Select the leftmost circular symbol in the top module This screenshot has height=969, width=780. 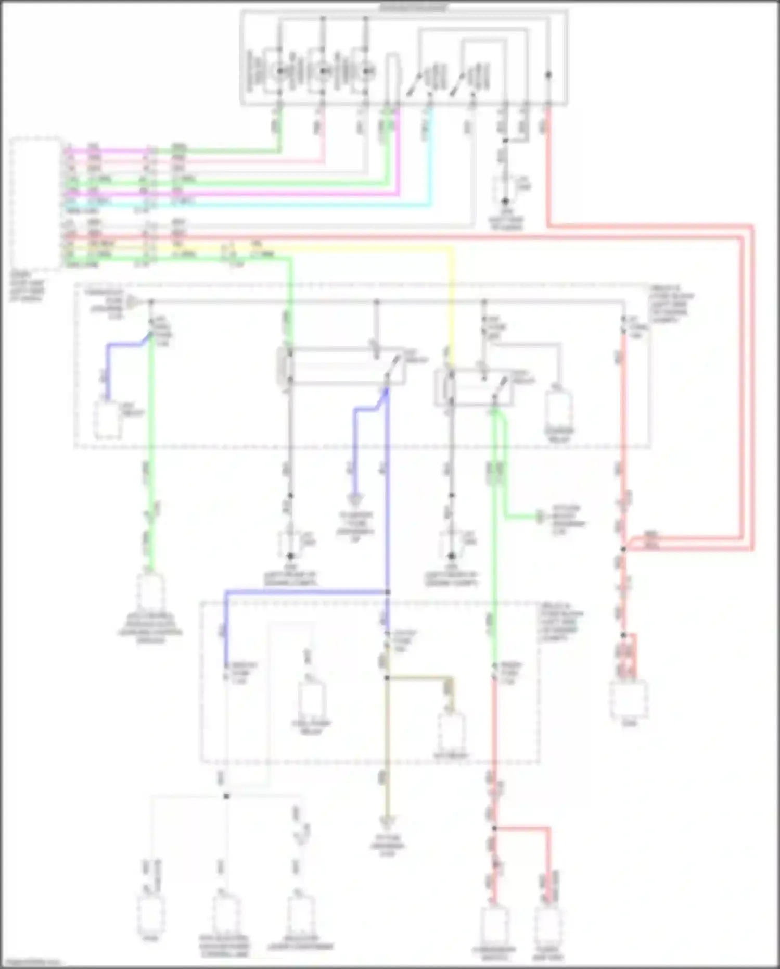pos(279,71)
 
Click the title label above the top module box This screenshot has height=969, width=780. pos(413,7)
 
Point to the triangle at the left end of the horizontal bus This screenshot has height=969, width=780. pos(134,302)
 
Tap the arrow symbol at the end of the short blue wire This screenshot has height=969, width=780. pos(355,500)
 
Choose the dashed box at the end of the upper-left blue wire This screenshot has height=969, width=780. pos(107,419)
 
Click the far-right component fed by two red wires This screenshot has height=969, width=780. pos(629,699)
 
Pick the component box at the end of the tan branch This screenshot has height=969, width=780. pos(452,732)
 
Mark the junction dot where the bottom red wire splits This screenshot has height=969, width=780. pos(494,828)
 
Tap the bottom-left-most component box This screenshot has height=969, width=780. pos(151,915)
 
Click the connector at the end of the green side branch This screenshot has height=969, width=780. pos(541,517)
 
